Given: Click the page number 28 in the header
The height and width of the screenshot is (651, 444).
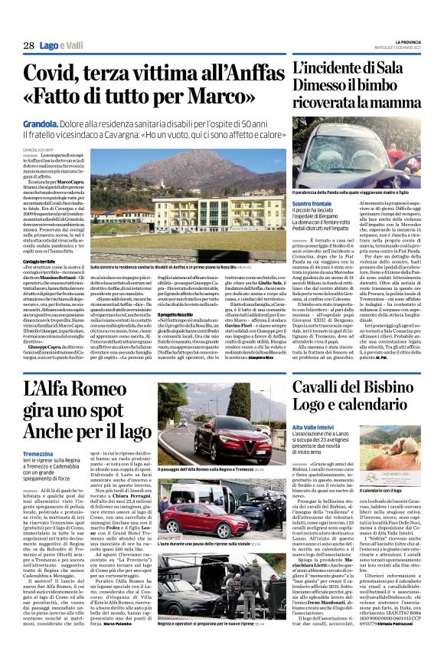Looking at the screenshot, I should click(28, 46).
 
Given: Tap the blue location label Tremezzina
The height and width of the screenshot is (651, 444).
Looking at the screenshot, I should click(38, 453).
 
